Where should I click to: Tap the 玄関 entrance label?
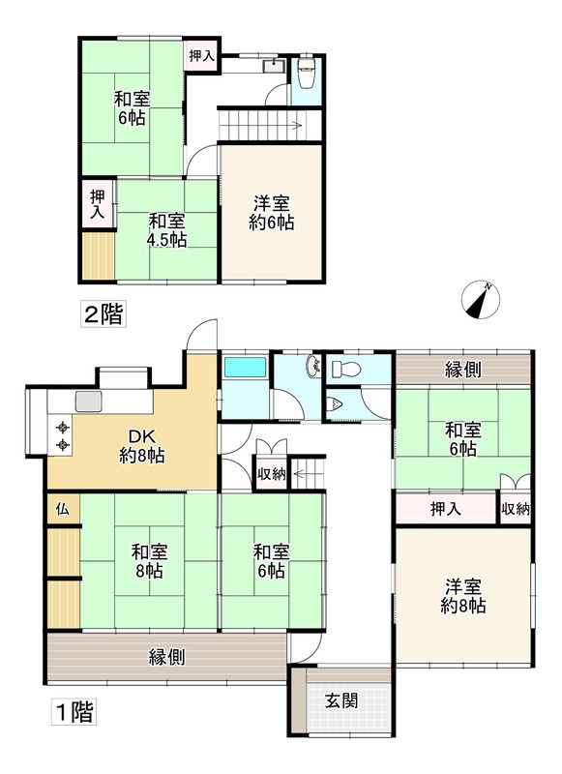341,700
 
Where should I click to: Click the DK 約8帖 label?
141,443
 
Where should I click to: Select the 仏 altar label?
62,509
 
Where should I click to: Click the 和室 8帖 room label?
150,561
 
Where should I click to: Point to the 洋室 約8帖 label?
464,596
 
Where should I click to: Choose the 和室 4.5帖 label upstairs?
161,229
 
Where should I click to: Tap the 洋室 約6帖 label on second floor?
273,212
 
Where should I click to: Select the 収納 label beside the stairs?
270,473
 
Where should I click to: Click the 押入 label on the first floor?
445,508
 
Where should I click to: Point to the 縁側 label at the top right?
464,369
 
